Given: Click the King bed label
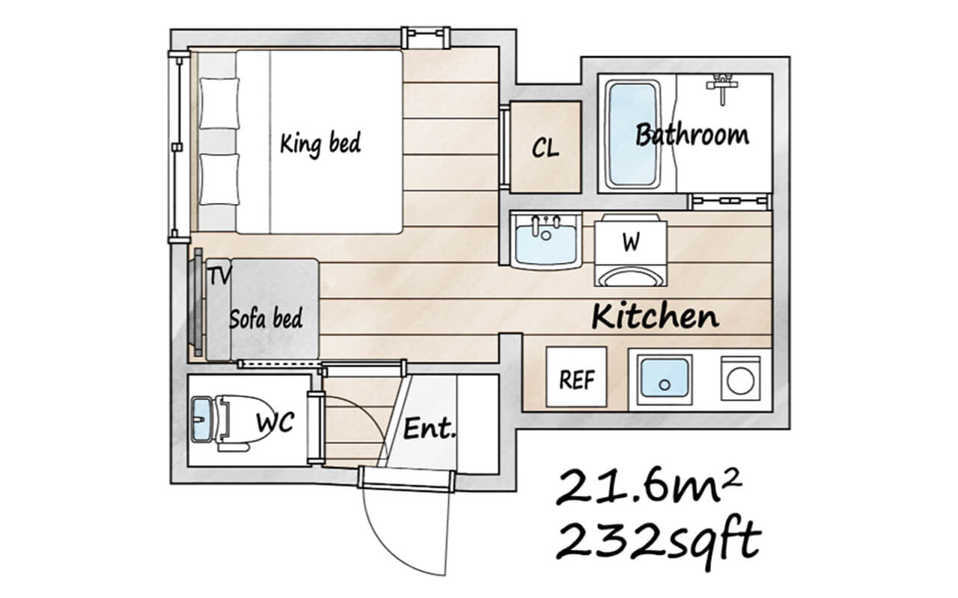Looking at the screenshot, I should pyautogui.click(x=320, y=142).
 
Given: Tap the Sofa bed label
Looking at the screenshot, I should pyautogui.click(x=266, y=318).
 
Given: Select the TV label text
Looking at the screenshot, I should pyautogui.click(x=219, y=275).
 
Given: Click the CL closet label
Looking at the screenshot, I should pyautogui.click(x=545, y=147).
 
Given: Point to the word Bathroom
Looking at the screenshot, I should pyautogui.click(x=692, y=135).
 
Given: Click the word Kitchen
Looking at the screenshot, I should pyautogui.click(x=655, y=316).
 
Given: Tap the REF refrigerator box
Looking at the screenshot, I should pyautogui.click(x=577, y=378).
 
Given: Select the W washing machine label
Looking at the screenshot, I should pyautogui.click(x=630, y=242).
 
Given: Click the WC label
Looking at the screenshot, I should pyautogui.click(x=274, y=422).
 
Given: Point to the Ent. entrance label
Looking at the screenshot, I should pyautogui.click(x=430, y=429).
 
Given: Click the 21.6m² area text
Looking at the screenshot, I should pyautogui.click(x=647, y=488).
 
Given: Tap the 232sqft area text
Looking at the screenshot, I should pyautogui.click(x=659, y=538).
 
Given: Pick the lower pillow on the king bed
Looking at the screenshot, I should pyautogui.click(x=219, y=179).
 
